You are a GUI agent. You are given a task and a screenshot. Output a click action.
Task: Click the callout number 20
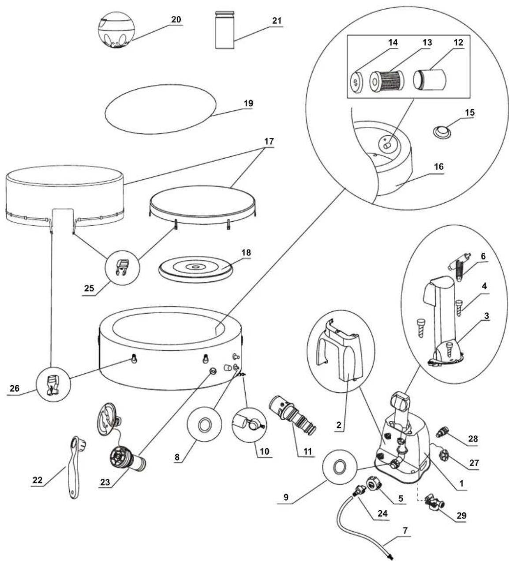point(176,19)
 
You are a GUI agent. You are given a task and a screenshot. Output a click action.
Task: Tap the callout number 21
point(277,21)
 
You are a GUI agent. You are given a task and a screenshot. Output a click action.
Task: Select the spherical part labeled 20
point(116,30)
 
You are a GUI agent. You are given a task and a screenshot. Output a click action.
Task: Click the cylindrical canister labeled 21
point(225,30)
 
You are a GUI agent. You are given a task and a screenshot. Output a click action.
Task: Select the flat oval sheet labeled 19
point(161,109)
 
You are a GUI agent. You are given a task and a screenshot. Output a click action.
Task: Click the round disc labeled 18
point(195,269)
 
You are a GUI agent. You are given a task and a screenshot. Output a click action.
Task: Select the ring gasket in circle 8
point(205,426)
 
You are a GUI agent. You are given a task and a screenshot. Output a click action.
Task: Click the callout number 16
point(439,167)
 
